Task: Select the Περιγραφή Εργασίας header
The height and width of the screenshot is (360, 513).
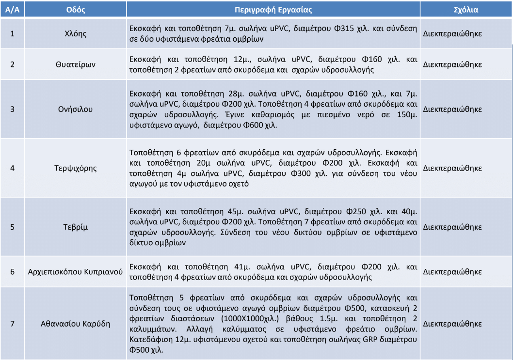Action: coord(273,9)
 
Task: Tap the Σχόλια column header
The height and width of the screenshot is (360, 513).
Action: coord(465,9)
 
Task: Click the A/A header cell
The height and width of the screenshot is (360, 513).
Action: coord(12,9)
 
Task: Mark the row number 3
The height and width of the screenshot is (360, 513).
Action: coord(12,109)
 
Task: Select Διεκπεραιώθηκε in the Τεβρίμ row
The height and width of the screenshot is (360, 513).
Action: coord(452,226)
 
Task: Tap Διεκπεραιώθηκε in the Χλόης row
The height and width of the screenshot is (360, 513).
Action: coord(452,34)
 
